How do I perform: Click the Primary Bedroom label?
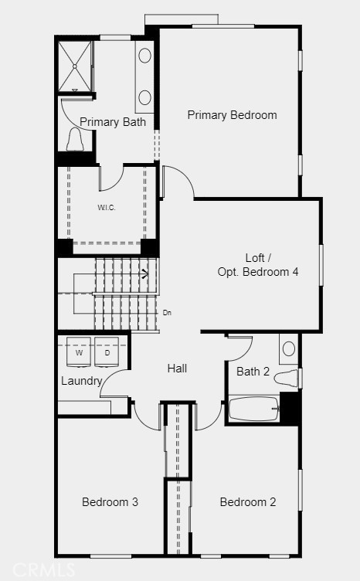[232, 115]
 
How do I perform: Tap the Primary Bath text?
[113, 121]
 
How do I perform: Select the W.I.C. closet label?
[107, 208]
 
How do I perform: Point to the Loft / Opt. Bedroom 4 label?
[257, 265]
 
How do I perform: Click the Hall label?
[177, 369]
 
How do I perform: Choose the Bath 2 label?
[253, 372]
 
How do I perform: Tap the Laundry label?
[82, 381]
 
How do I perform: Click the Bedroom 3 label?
[110, 502]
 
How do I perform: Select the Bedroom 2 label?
[247, 502]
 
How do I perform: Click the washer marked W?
[79, 352]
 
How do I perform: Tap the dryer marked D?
[107, 352]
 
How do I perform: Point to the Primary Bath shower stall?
[76, 66]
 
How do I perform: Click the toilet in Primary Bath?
[76, 140]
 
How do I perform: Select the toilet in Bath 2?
[286, 379]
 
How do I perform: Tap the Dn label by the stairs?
[167, 313]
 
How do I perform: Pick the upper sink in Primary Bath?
[145, 56]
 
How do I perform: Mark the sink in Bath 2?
[287, 348]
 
